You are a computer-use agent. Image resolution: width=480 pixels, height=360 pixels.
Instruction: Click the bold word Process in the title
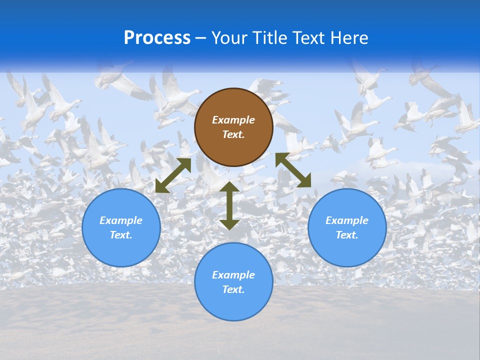click(157, 38)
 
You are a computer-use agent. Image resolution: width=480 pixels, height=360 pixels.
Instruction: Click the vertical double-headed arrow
click(229, 205)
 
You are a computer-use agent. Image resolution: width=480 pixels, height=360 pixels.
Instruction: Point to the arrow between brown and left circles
click(173, 175)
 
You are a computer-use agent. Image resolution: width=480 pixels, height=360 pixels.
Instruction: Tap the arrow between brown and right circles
click(293, 170)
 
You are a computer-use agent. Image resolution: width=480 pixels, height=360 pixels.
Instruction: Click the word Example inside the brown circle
click(233, 120)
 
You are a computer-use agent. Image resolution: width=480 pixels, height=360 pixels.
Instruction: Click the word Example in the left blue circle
click(121, 220)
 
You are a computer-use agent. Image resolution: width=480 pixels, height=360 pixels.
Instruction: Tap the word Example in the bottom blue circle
click(233, 275)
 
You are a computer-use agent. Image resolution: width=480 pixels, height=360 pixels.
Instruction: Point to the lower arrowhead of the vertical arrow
click(229, 224)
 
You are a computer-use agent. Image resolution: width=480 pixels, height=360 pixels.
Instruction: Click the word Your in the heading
click(228, 38)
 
